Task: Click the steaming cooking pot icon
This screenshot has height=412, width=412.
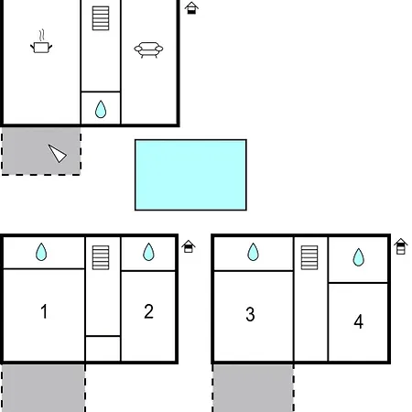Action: (x=41, y=42)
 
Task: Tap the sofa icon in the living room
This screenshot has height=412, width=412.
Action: (x=148, y=49)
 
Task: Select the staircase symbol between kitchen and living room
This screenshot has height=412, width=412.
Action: (x=101, y=18)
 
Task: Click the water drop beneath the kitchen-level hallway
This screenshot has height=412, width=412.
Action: (x=101, y=109)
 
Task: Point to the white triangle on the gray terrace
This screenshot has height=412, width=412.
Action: (x=58, y=153)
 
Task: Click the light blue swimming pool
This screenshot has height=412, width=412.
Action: (x=190, y=175)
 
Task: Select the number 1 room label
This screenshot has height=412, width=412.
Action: (x=44, y=311)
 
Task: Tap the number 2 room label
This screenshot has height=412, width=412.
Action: (x=148, y=311)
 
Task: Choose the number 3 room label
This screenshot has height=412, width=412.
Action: (x=250, y=314)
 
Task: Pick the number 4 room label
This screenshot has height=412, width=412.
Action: (x=359, y=321)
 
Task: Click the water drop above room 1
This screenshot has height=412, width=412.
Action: (x=41, y=252)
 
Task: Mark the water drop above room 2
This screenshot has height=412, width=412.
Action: (x=148, y=252)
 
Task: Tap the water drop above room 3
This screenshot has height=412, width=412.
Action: (x=253, y=252)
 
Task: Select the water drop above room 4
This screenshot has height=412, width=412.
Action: (x=359, y=257)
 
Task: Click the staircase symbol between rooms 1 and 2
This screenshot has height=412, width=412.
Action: (x=101, y=257)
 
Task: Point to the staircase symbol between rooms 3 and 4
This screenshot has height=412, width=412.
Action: (x=309, y=257)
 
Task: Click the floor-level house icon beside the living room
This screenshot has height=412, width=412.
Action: (x=191, y=8)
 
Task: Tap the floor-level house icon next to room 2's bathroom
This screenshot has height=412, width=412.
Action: (x=189, y=246)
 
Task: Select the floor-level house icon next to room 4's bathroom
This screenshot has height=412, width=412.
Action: (x=401, y=246)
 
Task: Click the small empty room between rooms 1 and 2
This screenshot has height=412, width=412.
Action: (x=103, y=349)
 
